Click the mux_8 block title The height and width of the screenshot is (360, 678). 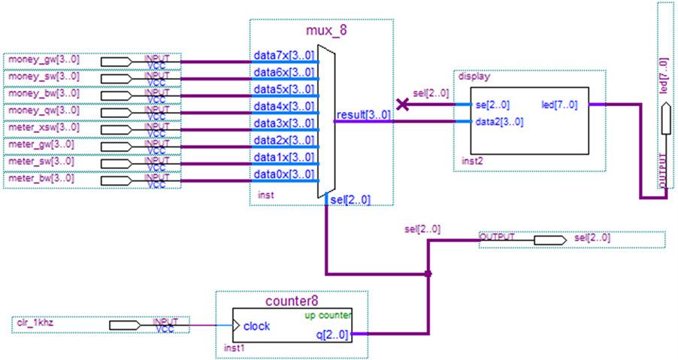tap(326, 31)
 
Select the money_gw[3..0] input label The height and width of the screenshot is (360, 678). tap(44, 59)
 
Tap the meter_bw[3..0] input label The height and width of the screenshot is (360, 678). tap(41, 179)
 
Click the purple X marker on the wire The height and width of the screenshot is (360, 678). tap(403, 104)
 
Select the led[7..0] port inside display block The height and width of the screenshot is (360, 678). tap(559, 104)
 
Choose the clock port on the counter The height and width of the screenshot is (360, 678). tap(257, 326)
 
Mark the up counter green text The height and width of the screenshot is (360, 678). tap(328, 315)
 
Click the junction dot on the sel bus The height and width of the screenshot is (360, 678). tap(428, 274)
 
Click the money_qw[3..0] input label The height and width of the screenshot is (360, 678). tap(44, 110)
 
